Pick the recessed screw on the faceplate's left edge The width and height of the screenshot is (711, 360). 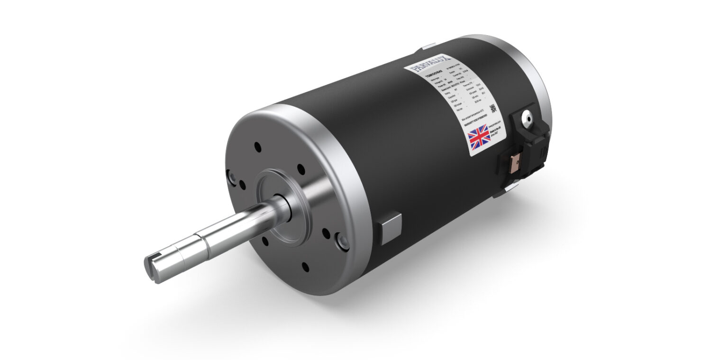(232, 177)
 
